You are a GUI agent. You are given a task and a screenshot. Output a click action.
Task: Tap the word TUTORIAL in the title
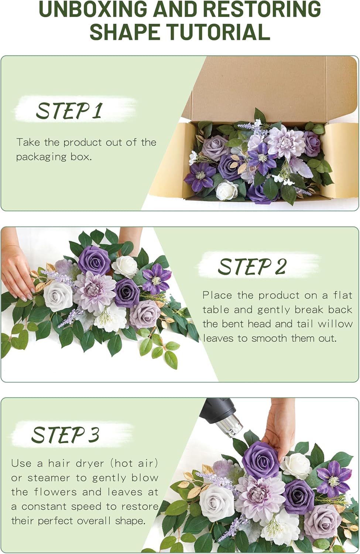219,32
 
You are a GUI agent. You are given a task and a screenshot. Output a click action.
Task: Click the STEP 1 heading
69,111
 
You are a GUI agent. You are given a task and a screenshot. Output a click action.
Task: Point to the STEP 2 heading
252,267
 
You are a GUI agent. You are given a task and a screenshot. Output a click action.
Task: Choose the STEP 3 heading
65,435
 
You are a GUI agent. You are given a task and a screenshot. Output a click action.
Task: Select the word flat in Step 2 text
343,295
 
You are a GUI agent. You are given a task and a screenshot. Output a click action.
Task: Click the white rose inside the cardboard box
226,191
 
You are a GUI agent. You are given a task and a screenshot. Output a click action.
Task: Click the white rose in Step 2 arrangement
125,266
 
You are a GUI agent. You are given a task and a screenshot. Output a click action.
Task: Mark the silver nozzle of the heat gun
230,425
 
